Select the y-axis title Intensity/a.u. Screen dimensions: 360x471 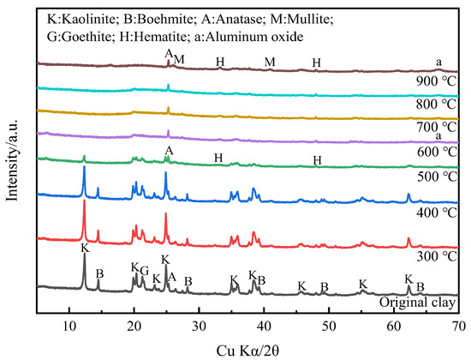(x=13, y=163)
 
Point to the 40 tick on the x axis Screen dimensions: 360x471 (x=264, y=325)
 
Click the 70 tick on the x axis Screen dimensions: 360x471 (x=458, y=325)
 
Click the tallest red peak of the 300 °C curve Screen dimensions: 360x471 (x=84, y=201)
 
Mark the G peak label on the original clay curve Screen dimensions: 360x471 (x=144, y=270)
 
